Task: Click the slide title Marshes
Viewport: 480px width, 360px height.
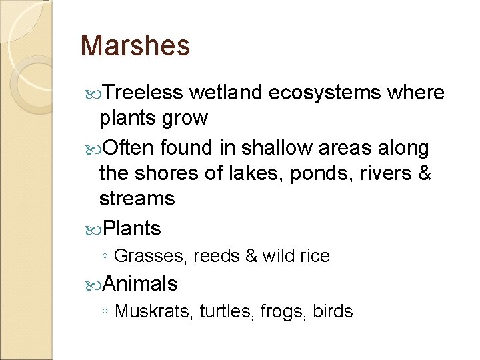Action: [x=135, y=46]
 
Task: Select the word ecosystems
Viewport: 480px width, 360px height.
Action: [x=325, y=93]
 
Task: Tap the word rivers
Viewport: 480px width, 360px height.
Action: [x=383, y=173]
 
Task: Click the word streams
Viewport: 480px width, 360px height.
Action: [x=137, y=199]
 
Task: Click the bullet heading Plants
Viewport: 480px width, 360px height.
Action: [x=132, y=229]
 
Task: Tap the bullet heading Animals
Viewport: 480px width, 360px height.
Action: [x=140, y=285]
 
